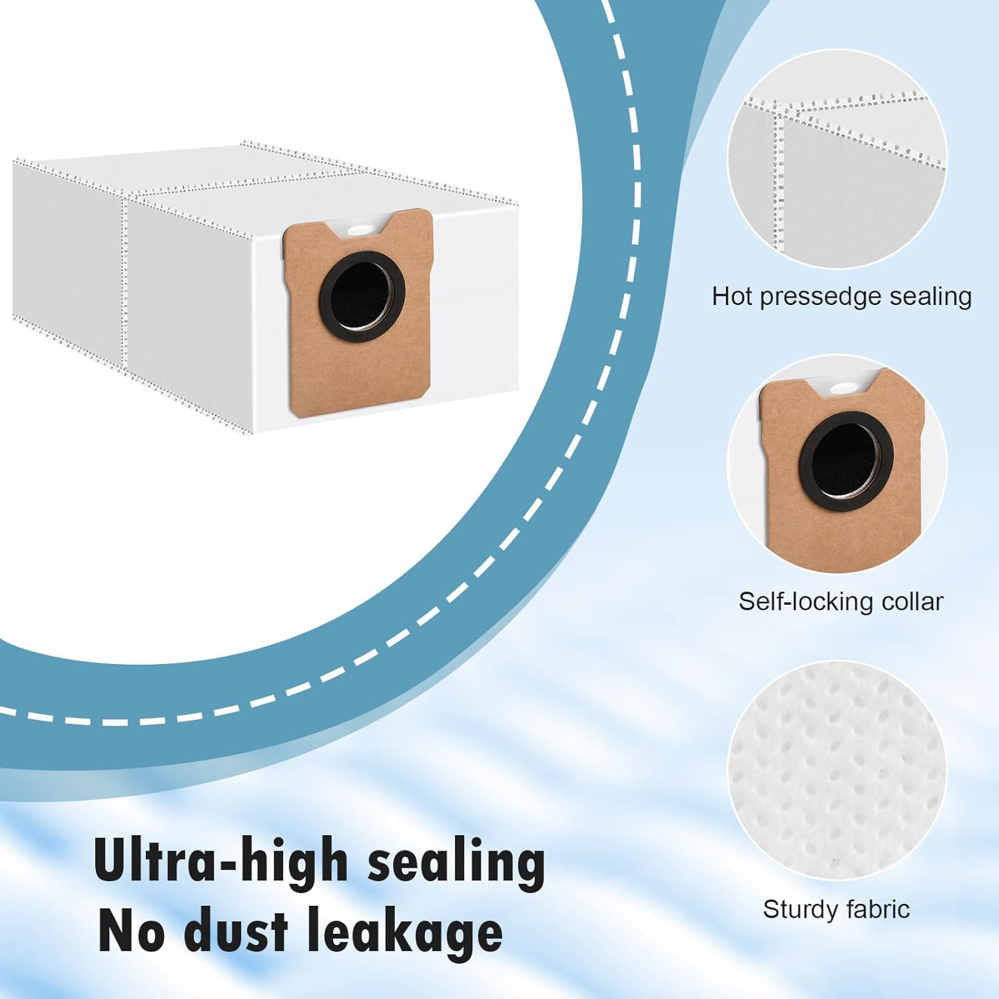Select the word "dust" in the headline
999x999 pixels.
click(x=236, y=932)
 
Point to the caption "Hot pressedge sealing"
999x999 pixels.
click(x=841, y=296)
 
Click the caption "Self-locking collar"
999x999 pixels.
click(x=840, y=601)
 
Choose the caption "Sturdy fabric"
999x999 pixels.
click(x=836, y=909)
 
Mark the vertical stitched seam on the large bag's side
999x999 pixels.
click(x=125, y=280)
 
